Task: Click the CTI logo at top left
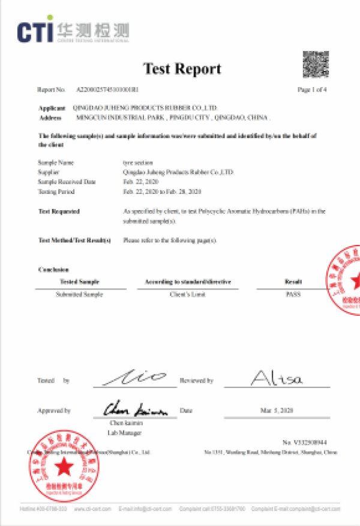72,31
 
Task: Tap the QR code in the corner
315,64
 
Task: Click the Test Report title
182,69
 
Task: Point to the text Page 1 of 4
312,89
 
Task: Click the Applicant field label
52,108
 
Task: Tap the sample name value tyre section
138,163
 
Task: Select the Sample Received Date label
67,181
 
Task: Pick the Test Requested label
59,211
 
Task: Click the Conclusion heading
53,270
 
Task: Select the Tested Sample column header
79,282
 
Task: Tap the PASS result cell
293,294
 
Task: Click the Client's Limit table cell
188,294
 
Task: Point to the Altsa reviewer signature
277,378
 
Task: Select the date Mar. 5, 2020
277,411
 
